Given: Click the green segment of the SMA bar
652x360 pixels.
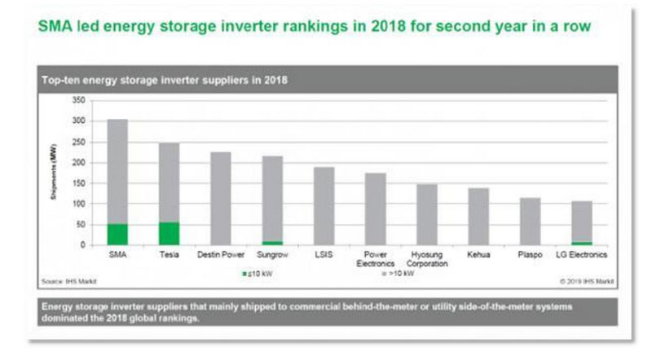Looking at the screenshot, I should (117, 234).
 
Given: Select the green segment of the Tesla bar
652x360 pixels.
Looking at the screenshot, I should (169, 233).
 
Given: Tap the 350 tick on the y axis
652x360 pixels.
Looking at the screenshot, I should (78, 100).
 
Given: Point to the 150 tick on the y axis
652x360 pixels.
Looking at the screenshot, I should (78, 183).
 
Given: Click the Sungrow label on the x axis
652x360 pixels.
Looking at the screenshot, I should (272, 255).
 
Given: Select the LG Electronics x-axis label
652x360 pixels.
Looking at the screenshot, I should (581, 255).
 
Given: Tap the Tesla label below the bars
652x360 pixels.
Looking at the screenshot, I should (169, 255).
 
